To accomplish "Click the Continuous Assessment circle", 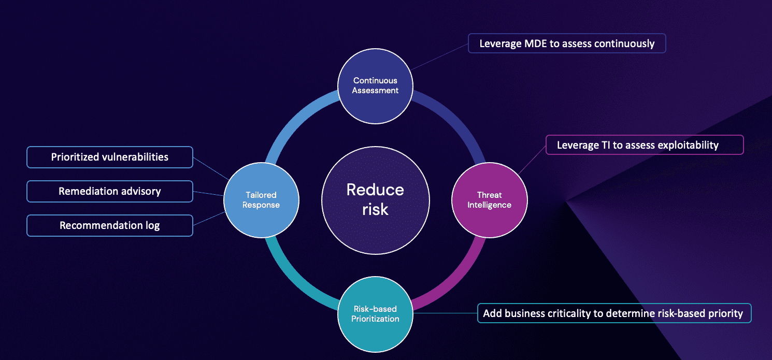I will click(x=375, y=85).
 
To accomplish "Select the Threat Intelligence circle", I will click(x=489, y=200).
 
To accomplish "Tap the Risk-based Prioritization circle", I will click(x=375, y=314).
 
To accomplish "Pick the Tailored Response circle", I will click(x=261, y=200).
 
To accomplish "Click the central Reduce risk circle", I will click(x=375, y=199).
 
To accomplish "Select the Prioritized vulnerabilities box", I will click(x=110, y=157).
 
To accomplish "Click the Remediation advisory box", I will click(x=110, y=191).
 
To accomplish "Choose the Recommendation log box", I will click(x=110, y=225).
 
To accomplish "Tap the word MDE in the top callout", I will click(x=535, y=44).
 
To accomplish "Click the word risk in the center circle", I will click(x=375, y=209).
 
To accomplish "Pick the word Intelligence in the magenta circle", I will click(x=489, y=205).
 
